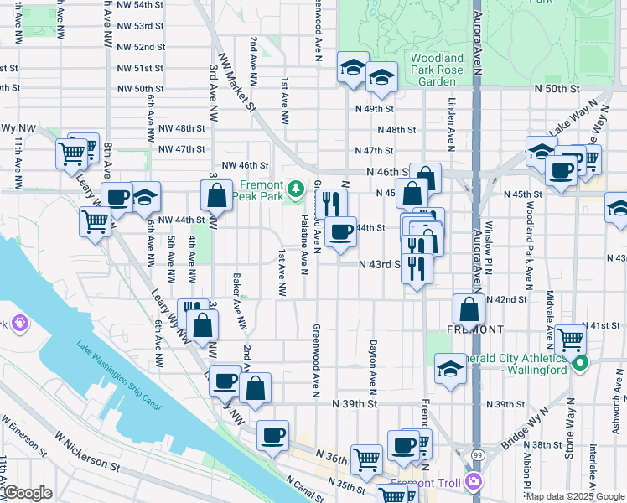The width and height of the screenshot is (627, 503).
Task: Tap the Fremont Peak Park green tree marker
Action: (x=295, y=188)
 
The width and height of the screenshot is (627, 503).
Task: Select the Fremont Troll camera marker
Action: (x=474, y=481)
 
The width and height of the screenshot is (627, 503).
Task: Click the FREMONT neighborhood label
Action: (x=474, y=329)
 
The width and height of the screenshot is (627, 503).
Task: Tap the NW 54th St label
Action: (x=141, y=5)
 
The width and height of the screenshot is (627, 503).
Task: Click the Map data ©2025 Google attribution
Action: (x=575, y=496)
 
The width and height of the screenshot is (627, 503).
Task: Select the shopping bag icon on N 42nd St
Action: (x=469, y=309)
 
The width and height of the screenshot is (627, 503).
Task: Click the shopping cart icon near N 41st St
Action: (x=570, y=340)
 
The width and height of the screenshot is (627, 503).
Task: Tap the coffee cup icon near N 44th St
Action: (x=339, y=231)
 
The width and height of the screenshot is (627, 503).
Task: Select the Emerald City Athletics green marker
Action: (x=579, y=364)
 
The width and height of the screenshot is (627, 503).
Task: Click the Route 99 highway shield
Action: (x=477, y=454)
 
